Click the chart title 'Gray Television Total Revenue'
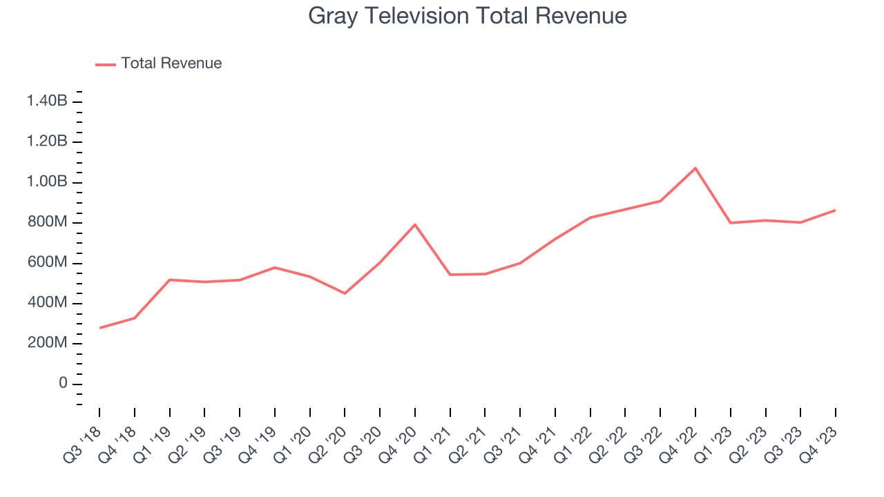pos(467,16)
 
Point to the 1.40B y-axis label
pos(47,101)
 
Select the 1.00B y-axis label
pos(47,182)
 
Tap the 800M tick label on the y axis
pos(47,222)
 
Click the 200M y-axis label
pos(47,344)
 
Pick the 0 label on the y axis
pos(62,384)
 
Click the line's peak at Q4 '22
pos(695,168)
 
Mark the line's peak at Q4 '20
pos(415,224)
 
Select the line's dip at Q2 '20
pos(345,293)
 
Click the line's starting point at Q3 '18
pos(99,328)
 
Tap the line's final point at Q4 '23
pos(836,210)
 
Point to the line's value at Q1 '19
pos(169,280)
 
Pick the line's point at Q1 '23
pos(731,222)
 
